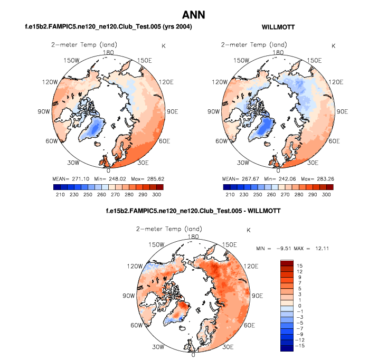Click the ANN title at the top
(x=193, y=14)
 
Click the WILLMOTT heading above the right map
(x=278, y=26)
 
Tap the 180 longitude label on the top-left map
(x=109, y=52)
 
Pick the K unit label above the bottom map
(x=248, y=230)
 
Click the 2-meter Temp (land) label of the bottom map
(x=163, y=229)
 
